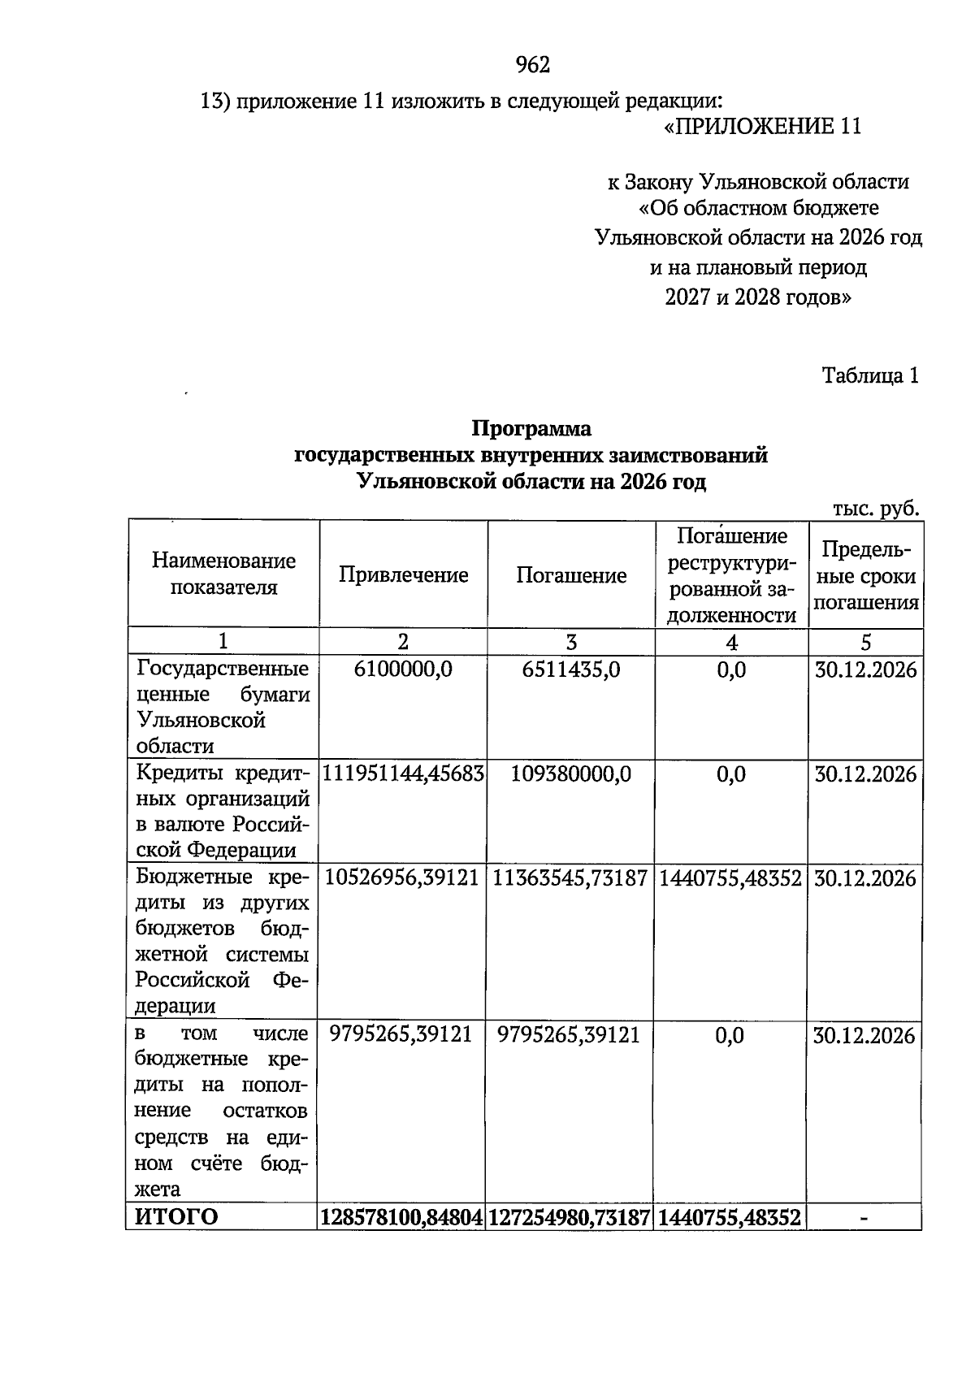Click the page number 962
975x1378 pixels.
coord(533,65)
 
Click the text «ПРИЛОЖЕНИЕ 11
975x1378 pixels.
coord(762,127)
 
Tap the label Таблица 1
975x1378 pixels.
coord(870,375)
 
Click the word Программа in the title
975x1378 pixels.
coord(532,428)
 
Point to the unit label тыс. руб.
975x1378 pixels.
coord(876,509)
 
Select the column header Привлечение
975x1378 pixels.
coord(403,575)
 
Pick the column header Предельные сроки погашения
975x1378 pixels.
coord(866,575)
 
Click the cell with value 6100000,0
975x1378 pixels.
coord(403,669)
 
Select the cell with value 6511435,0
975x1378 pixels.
coord(571,669)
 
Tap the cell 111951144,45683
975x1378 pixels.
coord(403,773)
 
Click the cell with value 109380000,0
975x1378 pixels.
coord(571,773)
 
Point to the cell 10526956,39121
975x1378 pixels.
coord(403,878)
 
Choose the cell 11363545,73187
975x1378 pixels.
coord(571,878)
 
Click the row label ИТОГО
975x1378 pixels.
coord(176,1217)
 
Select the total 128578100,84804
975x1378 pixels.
coord(402,1217)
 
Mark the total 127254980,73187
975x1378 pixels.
coord(570,1217)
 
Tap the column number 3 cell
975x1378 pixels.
coord(571,643)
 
